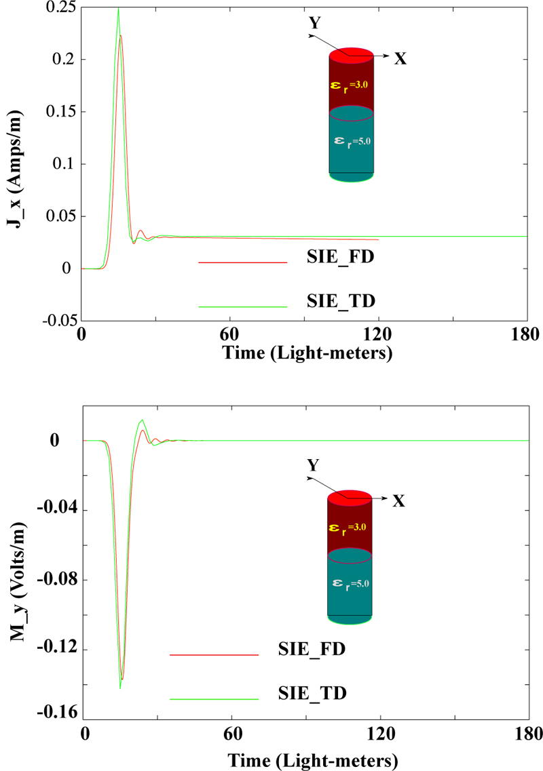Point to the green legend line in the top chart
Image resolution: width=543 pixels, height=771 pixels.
(x=243, y=307)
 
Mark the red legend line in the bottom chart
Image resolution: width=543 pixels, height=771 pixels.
(x=214, y=655)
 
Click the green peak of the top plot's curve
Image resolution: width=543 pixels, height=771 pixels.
(x=118, y=8)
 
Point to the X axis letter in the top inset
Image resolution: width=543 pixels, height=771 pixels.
(x=400, y=59)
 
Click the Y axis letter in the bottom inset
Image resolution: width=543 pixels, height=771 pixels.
(x=313, y=466)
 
